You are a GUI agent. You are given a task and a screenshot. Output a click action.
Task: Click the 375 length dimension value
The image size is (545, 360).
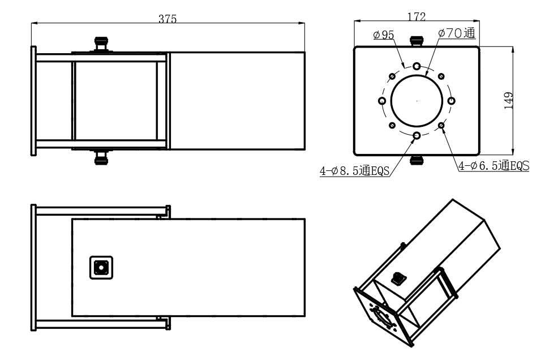point(168,19)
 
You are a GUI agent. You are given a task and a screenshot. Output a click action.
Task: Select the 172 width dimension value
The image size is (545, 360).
point(417,16)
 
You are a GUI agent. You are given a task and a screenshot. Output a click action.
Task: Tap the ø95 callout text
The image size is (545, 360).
point(384,35)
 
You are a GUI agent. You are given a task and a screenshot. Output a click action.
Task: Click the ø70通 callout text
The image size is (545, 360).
point(457,33)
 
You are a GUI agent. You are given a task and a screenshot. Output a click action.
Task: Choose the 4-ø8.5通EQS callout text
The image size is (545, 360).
point(354,170)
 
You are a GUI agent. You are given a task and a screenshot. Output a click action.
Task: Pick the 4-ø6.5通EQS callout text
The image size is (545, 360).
point(494,166)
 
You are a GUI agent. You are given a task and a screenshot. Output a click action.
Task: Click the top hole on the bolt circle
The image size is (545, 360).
point(417,66)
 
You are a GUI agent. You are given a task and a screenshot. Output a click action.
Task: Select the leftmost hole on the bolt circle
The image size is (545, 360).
point(382,101)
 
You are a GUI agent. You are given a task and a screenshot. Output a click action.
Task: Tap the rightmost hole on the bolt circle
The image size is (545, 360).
point(451,101)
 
